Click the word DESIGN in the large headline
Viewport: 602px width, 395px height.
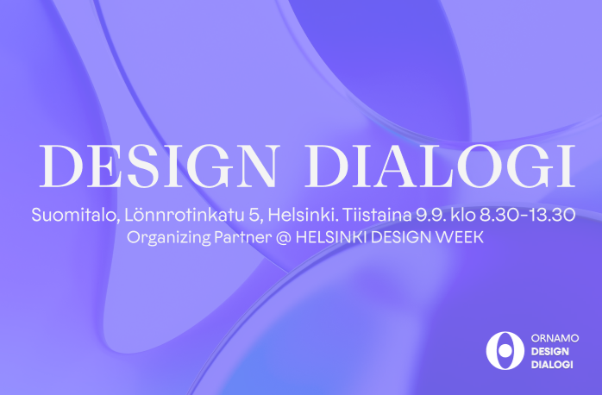click(158, 166)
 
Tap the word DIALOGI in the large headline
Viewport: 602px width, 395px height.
click(440, 166)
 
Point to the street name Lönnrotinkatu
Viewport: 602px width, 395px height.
click(184, 214)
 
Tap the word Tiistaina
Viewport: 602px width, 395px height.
click(377, 214)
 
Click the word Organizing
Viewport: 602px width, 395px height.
click(168, 238)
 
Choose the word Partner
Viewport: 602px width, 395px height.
click(242, 237)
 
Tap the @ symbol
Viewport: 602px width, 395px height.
click(283, 238)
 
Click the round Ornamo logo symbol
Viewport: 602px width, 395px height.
click(505, 351)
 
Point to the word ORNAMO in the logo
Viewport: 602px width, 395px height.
click(555, 338)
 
